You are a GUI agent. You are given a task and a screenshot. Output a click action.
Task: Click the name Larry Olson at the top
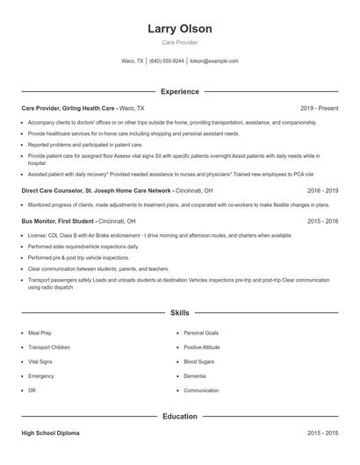(x=180, y=29)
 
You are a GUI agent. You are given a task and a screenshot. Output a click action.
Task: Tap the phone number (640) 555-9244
(x=167, y=61)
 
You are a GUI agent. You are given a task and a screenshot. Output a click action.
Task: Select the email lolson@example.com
(x=214, y=61)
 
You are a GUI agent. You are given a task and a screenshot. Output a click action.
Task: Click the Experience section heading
(x=180, y=91)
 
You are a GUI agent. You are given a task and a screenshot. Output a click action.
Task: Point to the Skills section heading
(x=180, y=312)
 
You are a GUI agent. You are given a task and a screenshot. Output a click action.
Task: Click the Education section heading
(x=180, y=417)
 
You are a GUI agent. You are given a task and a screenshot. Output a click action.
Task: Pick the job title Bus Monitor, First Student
(x=58, y=221)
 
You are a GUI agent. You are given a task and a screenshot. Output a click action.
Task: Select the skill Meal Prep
(x=40, y=333)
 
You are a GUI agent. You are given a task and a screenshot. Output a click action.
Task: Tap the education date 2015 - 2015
(x=323, y=433)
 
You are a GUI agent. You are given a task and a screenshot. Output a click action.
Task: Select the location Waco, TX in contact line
(x=132, y=61)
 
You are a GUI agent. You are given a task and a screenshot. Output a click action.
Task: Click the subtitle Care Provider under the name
(x=180, y=42)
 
